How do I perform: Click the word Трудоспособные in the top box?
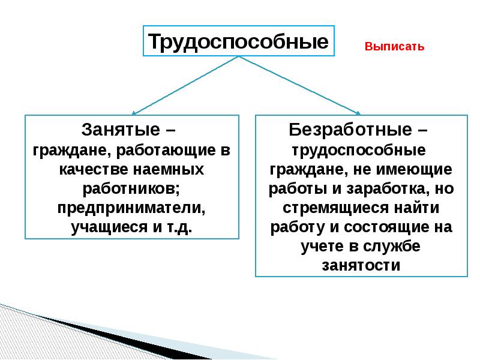pyautogui.click(x=238, y=41)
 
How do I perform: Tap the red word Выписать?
pyautogui.click(x=394, y=47)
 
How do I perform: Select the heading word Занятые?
pyautogui.click(x=121, y=130)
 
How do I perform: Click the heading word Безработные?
pyautogui.click(x=350, y=130)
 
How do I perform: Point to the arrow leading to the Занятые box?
pyautogui.click(x=185, y=85)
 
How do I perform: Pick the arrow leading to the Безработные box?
pyautogui.click(x=299, y=85)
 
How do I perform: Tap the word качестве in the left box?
pyautogui.click(x=94, y=169)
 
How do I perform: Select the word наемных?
pyautogui.click(x=169, y=170)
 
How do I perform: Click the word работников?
pyautogui.click(x=131, y=189)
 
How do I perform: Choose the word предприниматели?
pyautogui.click(x=131, y=208)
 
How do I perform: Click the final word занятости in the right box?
pyautogui.click(x=361, y=265)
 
